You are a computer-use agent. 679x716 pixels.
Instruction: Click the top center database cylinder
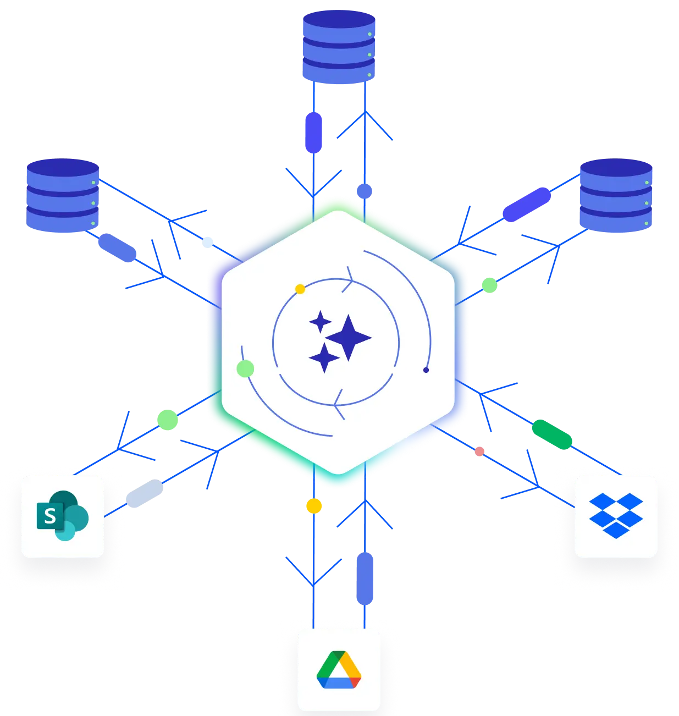339,48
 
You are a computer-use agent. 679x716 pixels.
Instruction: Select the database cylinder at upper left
63,196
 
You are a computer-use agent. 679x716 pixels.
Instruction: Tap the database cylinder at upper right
616,196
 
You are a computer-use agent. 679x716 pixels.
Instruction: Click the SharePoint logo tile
63,516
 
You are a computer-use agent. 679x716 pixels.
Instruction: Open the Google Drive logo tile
339,670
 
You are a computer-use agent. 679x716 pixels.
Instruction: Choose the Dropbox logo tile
616,516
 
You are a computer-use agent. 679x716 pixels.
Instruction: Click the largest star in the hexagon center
349,338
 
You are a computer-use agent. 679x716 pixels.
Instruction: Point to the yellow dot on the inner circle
300,289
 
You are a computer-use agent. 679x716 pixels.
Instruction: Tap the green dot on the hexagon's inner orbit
245,368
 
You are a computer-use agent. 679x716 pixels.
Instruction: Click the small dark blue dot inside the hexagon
426,370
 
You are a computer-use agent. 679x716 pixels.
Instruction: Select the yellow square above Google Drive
313,506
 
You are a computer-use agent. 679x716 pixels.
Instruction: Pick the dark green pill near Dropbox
552,434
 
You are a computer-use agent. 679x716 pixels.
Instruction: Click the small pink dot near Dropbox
480,451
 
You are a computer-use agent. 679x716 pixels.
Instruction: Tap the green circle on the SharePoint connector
168,420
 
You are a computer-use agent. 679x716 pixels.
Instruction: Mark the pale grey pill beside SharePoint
146,493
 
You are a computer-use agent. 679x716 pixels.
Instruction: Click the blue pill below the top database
313,132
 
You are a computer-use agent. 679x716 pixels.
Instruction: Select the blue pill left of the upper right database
527,204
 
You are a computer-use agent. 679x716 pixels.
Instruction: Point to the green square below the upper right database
489,285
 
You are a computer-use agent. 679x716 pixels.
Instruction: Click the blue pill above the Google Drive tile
365,579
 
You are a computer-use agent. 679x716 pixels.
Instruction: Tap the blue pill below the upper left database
117,248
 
